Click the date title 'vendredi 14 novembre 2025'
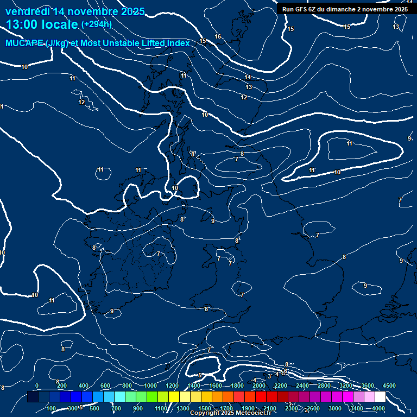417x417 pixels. [x=75, y=11]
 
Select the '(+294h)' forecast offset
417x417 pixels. [x=96, y=24]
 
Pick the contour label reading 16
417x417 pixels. [x=218, y=36]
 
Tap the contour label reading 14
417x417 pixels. [x=248, y=78]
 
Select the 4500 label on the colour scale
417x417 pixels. [x=389, y=386]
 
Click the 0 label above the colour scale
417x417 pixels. [x=37, y=386]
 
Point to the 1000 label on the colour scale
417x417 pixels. [x=150, y=386]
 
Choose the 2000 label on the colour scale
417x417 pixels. [x=259, y=386]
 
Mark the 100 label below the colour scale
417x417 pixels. [x=51, y=408]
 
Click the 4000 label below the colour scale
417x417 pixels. [x=378, y=408]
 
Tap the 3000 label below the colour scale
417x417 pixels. [x=335, y=408]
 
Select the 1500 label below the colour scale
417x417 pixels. [x=205, y=408]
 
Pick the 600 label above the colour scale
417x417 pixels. [x=105, y=386]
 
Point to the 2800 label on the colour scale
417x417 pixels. [x=324, y=386]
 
